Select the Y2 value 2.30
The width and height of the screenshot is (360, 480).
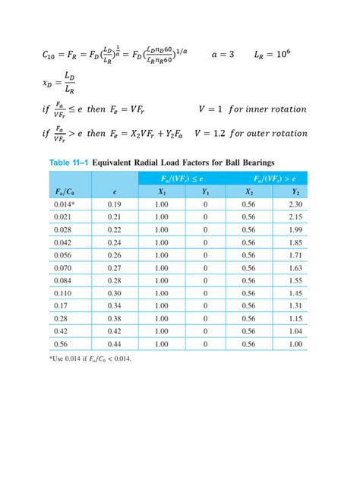point(296,204)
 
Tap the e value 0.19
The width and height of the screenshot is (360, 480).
point(115,204)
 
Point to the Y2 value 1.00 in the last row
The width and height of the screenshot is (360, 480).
point(296,344)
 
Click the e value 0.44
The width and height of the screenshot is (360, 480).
point(115,344)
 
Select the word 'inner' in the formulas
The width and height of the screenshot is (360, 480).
point(264,109)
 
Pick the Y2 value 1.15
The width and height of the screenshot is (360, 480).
point(296,318)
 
